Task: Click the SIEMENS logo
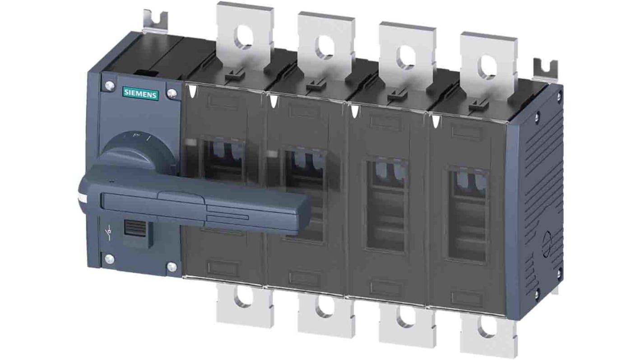(x=140, y=94)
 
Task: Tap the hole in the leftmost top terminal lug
(x=244, y=38)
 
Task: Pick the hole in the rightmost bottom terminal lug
(x=487, y=330)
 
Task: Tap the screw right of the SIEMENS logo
(x=172, y=94)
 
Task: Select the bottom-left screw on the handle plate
(x=108, y=258)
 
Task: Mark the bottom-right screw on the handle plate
(x=172, y=267)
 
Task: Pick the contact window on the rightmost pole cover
(x=467, y=214)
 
